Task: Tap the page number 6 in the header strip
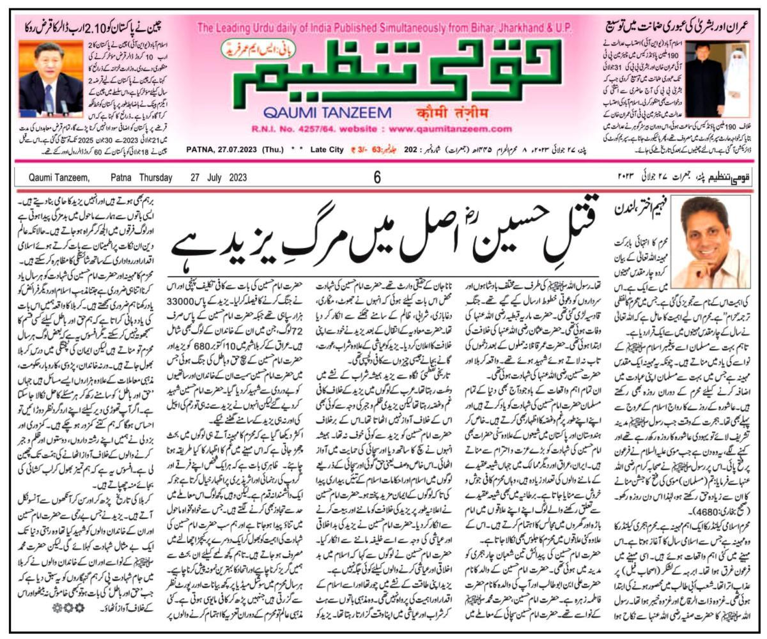[378, 178]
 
